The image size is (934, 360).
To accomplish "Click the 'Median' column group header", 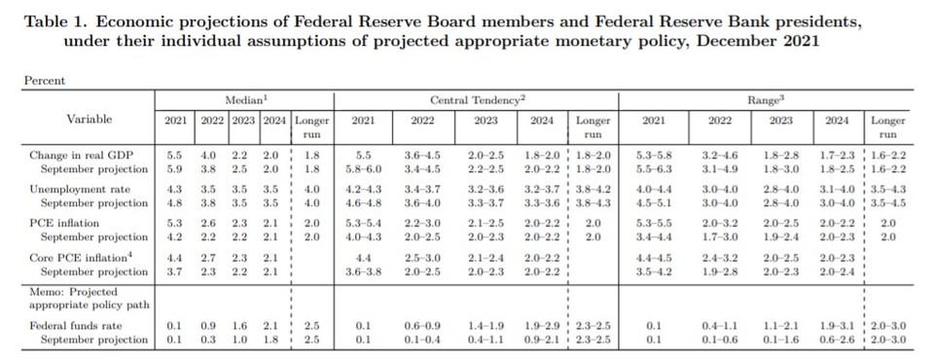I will click(x=242, y=99).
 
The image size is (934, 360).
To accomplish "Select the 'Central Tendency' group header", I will click(x=478, y=99).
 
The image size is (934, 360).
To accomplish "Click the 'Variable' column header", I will click(x=89, y=119).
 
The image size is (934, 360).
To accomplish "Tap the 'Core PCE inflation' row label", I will click(x=80, y=258).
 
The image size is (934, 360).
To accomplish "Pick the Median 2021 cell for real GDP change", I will click(x=175, y=154).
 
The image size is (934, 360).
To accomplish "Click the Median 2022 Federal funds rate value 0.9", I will click(x=206, y=325).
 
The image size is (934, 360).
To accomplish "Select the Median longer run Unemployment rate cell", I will click(x=312, y=188).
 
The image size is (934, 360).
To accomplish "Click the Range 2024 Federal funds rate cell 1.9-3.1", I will click(x=838, y=325).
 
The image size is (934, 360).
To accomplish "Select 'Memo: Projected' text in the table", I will click(x=74, y=291).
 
